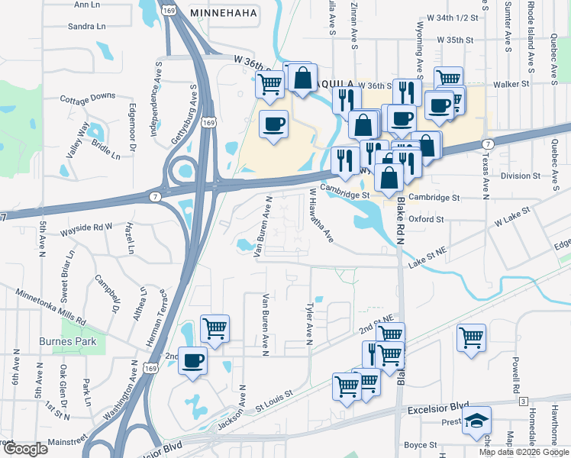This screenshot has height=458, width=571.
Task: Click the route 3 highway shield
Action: click(523, 400)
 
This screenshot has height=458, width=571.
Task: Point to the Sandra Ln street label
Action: click(86, 26)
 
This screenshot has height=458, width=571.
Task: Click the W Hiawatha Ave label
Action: click(321, 216)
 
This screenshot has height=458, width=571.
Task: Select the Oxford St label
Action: click(426, 219)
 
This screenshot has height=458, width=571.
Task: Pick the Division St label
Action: click(521, 176)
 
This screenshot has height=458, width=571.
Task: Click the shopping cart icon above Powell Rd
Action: click(471, 337)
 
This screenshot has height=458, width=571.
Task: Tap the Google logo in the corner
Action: click(25, 449)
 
